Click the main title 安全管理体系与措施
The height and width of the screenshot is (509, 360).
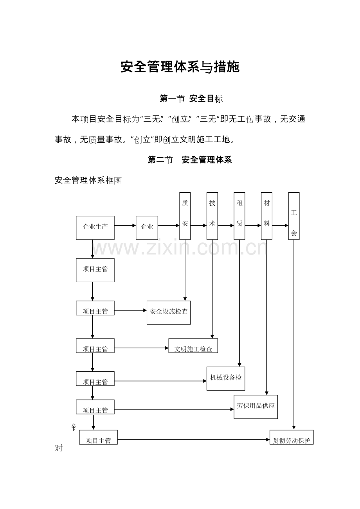pyautogui.click(x=180, y=67)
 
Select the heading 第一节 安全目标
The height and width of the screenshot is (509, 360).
pyautogui.click(x=191, y=99)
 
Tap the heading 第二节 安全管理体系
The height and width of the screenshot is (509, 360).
pyautogui.click(x=190, y=160)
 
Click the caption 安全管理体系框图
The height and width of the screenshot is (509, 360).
pyautogui.click(x=88, y=180)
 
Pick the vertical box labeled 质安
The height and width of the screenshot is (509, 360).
pyautogui.click(x=185, y=216)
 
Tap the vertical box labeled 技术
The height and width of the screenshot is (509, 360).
pyautogui.click(x=212, y=216)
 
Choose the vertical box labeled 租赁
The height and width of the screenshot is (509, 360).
pyautogui.click(x=239, y=216)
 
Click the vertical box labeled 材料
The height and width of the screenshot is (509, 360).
pyautogui.click(x=266, y=216)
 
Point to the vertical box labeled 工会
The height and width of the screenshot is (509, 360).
pyautogui.click(x=294, y=216)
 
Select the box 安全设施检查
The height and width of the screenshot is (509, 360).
pyautogui.click(x=169, y=312)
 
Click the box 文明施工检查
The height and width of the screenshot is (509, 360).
pyautogui.click(x=193, y=346)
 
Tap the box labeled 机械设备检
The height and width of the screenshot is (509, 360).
pyautogui.click(x=226, y=378)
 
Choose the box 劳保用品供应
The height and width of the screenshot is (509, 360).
pyautogui.click(x=256, y=407)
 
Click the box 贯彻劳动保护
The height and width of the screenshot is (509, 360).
pyautogui.click(x=292, y=437)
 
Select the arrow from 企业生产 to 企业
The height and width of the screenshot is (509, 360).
pyautogui.click(x=125, y=226)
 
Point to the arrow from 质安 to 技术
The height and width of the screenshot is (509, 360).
pyautogui.click(x=198, y=226)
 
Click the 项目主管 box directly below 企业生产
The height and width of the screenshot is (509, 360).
pyautogui.click(x=95, y=270)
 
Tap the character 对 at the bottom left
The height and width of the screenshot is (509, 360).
pyautogui.click(x=59, y=448)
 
